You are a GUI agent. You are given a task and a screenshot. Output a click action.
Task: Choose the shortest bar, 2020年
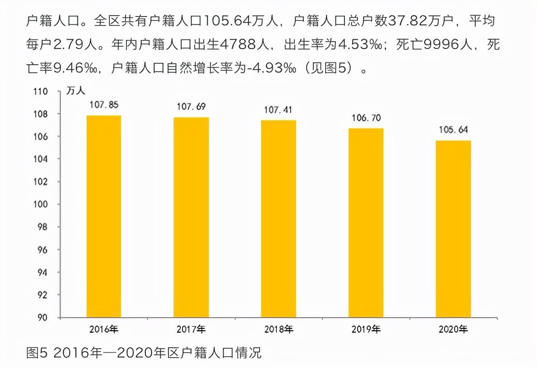[x=453, y=229]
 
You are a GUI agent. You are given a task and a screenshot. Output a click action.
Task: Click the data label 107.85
[x=104, y=105]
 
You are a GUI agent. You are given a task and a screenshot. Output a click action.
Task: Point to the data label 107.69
[x=191, y=107]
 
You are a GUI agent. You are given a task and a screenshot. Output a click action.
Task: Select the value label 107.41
[x=278, y=110]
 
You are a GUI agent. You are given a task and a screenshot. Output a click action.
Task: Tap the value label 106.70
[x=366, y=118]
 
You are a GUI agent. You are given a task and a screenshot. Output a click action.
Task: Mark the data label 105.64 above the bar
[x=453, y=130]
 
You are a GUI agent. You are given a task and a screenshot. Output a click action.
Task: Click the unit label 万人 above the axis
[x=76, y=92]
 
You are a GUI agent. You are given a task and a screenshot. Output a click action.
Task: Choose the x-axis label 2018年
[x=278, y=329]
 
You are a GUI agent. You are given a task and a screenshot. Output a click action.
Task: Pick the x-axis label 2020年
[x=453, y=329]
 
